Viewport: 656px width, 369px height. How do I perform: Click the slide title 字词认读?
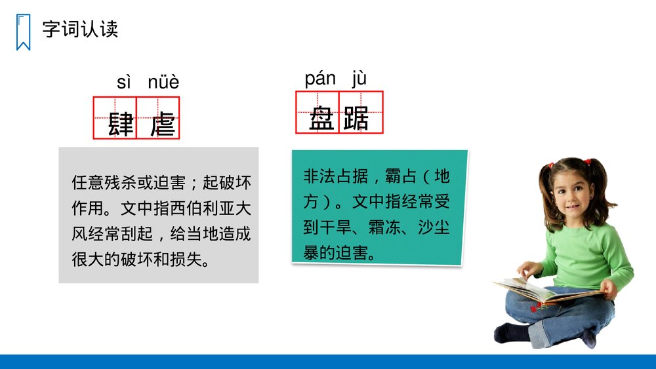80,29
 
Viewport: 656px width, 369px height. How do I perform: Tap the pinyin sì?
124,83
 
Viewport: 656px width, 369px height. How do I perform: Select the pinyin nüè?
163,83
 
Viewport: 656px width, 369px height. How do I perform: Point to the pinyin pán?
320,79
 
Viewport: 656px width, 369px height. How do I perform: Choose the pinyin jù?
359,79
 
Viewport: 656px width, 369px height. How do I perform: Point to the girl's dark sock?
512,333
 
